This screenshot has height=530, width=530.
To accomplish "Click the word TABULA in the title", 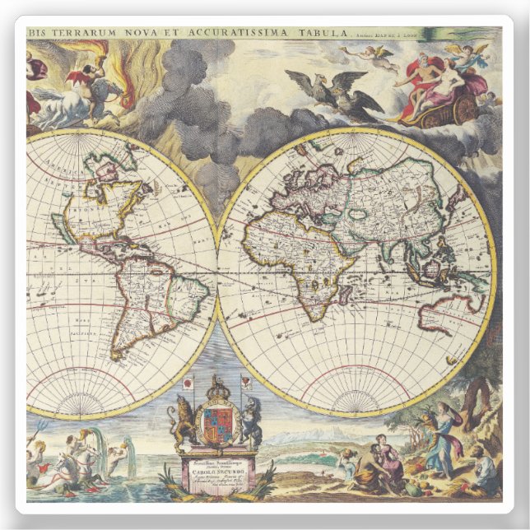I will (x=317, y=33).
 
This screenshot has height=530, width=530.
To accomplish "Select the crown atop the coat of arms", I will (x=217, y=387).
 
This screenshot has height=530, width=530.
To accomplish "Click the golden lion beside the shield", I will (x=181, y=420).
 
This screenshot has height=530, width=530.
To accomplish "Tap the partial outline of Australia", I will (x=449, y=309).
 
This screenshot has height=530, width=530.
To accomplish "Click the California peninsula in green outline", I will (x=62, y=226).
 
